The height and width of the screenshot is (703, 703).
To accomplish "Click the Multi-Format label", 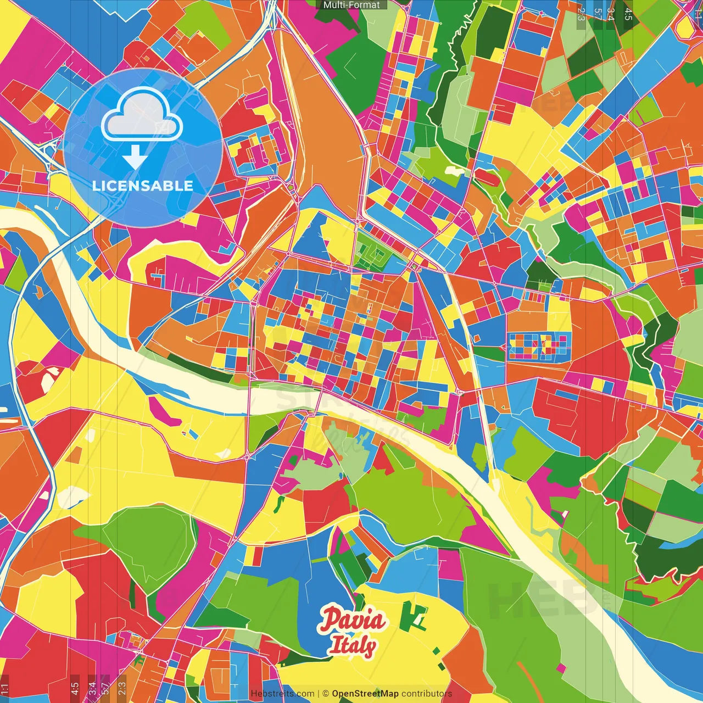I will [x=351, y=5].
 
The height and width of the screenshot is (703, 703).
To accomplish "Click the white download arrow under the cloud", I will [x=135, y=157].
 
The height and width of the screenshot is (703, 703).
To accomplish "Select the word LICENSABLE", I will [x=143, y=186].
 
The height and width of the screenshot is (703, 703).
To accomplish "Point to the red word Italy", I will [x=353, y=646].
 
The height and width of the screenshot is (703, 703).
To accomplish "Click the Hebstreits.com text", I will [x=282, y=694].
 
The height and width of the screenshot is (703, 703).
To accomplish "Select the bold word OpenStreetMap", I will [x=365, y=694].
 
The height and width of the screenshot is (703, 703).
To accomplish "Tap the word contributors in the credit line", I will [x=427, y=694].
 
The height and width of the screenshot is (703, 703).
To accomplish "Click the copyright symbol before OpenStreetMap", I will [x=325, y=694].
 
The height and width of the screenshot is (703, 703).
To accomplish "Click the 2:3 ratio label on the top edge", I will [x=581, y=14].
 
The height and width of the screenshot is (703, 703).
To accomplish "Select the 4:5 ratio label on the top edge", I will [x=628, y=14].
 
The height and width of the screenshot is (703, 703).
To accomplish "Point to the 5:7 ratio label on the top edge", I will [x=598, y=14].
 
